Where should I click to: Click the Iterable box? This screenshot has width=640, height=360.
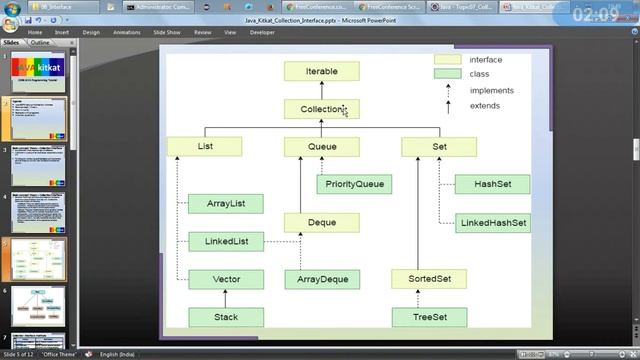(321, 72)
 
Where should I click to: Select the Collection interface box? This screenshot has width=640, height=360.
(321, 109)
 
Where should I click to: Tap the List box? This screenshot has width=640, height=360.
(205, 146)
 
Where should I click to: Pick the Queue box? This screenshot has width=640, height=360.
(321, 146)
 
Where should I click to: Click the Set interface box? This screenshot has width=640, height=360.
(439, 146)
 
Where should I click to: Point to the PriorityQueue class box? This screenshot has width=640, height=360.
(354, 184)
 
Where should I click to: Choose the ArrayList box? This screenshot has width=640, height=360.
(225, 204)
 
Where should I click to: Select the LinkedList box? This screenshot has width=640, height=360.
(225, 241)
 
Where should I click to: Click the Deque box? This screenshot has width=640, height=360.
(321, 223)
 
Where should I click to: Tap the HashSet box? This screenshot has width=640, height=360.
(491, 184)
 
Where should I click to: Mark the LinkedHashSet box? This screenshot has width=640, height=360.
(491, 223)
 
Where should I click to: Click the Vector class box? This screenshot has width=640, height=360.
(225, 279)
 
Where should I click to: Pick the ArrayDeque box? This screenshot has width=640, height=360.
(321, 279)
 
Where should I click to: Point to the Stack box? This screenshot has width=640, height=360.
(225, 317)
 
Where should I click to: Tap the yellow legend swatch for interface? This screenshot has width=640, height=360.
(447, 60)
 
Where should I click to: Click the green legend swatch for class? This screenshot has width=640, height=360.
(447, 73)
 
